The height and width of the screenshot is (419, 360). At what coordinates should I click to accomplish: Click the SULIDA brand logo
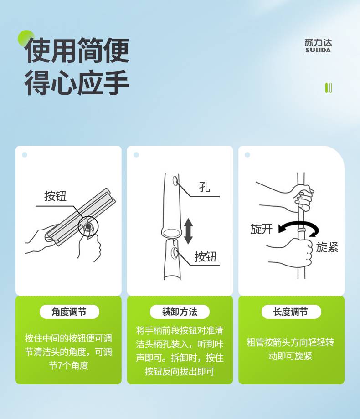point(318,46)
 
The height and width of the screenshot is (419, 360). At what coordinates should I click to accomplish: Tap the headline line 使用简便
point(77,50)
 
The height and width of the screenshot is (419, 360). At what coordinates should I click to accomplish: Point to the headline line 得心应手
point(77,82)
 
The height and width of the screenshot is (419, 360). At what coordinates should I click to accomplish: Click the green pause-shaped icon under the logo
point(329,88)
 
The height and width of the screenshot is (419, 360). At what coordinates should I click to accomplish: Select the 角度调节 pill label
point(69,312)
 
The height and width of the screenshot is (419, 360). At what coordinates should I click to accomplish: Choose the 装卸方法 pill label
point(180,312)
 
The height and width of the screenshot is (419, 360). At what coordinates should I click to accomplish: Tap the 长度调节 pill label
point(291,312)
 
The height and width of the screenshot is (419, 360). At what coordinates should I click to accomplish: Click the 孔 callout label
point(205,187)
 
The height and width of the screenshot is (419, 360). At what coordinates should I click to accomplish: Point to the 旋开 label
point(261,229)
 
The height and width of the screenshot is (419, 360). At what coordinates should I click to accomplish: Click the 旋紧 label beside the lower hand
point(327,247)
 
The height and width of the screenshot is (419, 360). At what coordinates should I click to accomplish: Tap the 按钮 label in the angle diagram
point(55,196)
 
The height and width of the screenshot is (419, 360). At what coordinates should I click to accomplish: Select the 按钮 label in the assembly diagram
point(206,257)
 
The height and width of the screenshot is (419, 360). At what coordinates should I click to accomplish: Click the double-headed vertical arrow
point(188,231)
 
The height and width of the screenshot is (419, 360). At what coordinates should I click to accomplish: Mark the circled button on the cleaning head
point(88,226)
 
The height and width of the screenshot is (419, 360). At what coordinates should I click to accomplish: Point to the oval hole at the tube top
point(176,181)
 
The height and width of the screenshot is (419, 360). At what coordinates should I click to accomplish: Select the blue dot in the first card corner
point(25,155)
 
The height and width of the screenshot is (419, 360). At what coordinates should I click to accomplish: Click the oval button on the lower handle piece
point(175,252)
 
